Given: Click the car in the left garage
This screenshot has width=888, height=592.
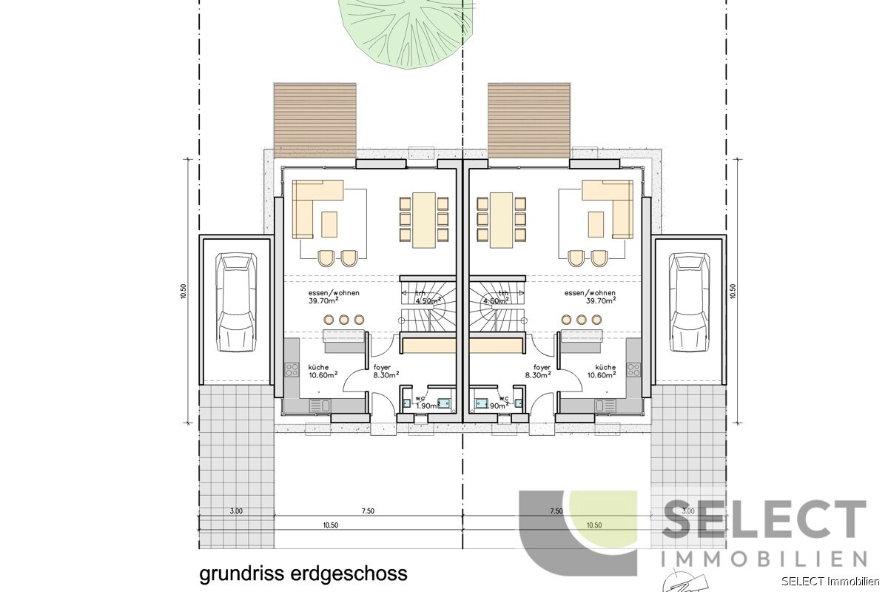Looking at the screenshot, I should click(x=236, y=303).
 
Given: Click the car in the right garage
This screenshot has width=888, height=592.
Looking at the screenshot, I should click(x=687, y=303).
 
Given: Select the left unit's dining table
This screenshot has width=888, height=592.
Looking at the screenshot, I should click(x=424, y=219).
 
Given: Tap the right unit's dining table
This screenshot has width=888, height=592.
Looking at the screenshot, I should click(x=502, y=219).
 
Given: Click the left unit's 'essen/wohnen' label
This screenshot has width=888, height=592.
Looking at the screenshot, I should click(x=334, y=293).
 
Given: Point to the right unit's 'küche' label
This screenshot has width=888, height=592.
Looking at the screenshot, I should click(x=605, y=367).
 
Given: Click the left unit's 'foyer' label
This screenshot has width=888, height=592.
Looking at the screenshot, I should click(x=382, y=367).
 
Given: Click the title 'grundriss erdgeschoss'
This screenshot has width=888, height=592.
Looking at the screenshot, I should click(x=303, y=573).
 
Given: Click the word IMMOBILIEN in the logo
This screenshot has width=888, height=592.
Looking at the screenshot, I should click(x=763, y=558).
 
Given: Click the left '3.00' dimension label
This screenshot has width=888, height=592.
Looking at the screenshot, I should click(x=236, y=511).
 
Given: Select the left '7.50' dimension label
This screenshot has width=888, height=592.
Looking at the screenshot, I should click(x=368, y=511).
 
